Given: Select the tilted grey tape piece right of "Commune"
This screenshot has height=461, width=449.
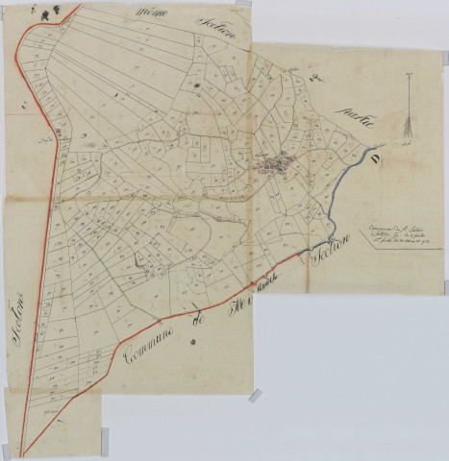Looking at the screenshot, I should pos(256,395).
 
